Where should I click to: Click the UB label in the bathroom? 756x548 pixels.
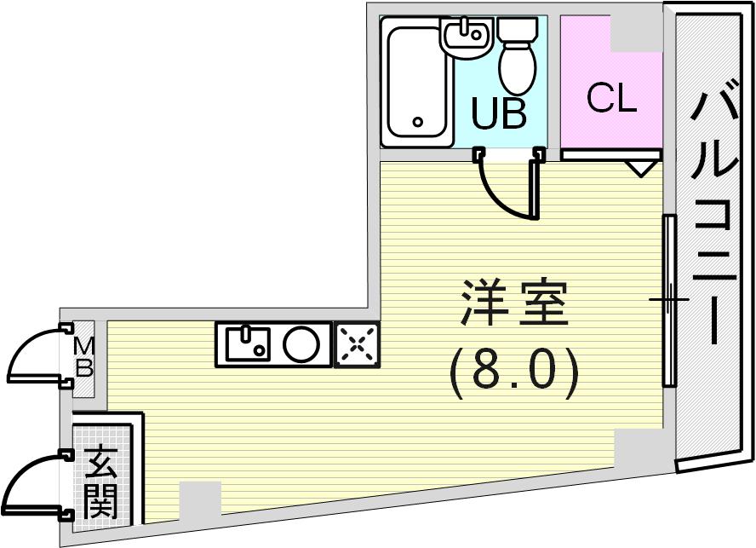499,113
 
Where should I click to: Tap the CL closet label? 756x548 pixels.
612,98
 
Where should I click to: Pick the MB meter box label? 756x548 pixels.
84,358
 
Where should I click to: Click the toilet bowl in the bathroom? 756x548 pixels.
518,57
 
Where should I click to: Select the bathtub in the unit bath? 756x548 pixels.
416,82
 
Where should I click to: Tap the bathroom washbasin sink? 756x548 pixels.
466,37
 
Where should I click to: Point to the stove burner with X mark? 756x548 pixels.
358,344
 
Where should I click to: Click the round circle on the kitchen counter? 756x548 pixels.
301,344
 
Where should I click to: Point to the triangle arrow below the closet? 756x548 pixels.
640,169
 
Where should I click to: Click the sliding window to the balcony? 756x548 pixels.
669,300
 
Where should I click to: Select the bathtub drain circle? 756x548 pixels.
418,122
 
